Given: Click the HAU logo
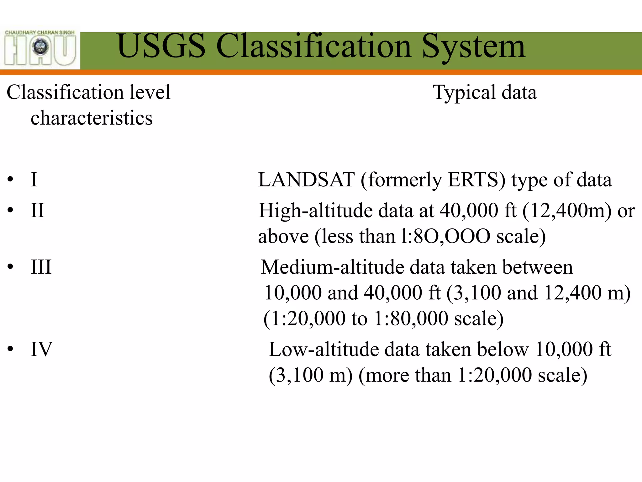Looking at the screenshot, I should point(40,48).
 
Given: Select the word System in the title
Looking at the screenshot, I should point(473,47).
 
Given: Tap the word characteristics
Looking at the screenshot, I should point(92,118).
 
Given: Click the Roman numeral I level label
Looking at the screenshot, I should point(34,179).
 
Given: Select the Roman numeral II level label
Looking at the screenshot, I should point(37,210).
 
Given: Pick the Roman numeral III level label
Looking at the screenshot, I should point(41,267).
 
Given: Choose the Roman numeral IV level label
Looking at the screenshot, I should point(41,349).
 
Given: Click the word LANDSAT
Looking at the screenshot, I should point(306,180).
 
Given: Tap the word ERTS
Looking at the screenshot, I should point(476,180).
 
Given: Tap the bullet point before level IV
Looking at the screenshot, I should point(11,349).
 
